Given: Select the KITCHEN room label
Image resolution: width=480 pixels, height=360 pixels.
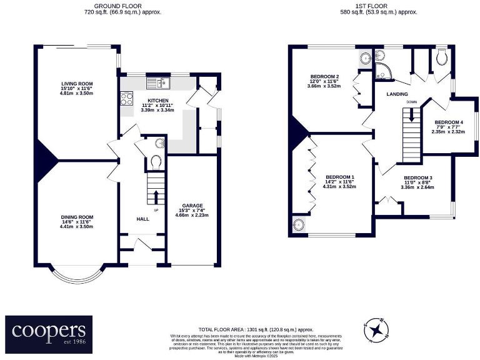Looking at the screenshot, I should [156, 100].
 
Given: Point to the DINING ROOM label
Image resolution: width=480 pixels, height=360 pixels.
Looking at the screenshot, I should [77, 217].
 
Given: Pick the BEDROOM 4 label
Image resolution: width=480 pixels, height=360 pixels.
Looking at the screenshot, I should [449, 122].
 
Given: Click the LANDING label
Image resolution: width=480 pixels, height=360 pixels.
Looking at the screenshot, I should [397, 94].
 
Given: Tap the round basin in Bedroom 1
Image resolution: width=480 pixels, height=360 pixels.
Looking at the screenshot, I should [299, 224].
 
